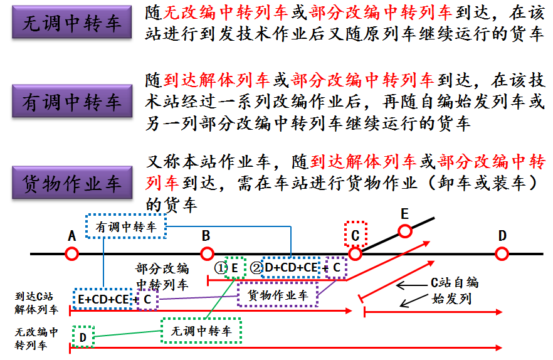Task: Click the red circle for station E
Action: click(x=405, y=231)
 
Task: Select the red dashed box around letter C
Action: click(x=355, y=235)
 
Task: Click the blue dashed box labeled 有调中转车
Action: click(x=126, y=227)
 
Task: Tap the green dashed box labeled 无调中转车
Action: click(x=201, y=331)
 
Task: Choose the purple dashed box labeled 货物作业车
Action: click(x=278, y=295)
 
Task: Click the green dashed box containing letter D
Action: click(x=83, y=337)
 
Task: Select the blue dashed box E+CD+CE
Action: click(x=102, y=299)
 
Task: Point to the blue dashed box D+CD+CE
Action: click(x=292, y=268)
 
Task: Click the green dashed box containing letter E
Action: click(x=235, y=268)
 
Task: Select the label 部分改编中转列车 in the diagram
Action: click(x=162, y=277)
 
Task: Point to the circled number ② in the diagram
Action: click(x=255, y=268)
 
